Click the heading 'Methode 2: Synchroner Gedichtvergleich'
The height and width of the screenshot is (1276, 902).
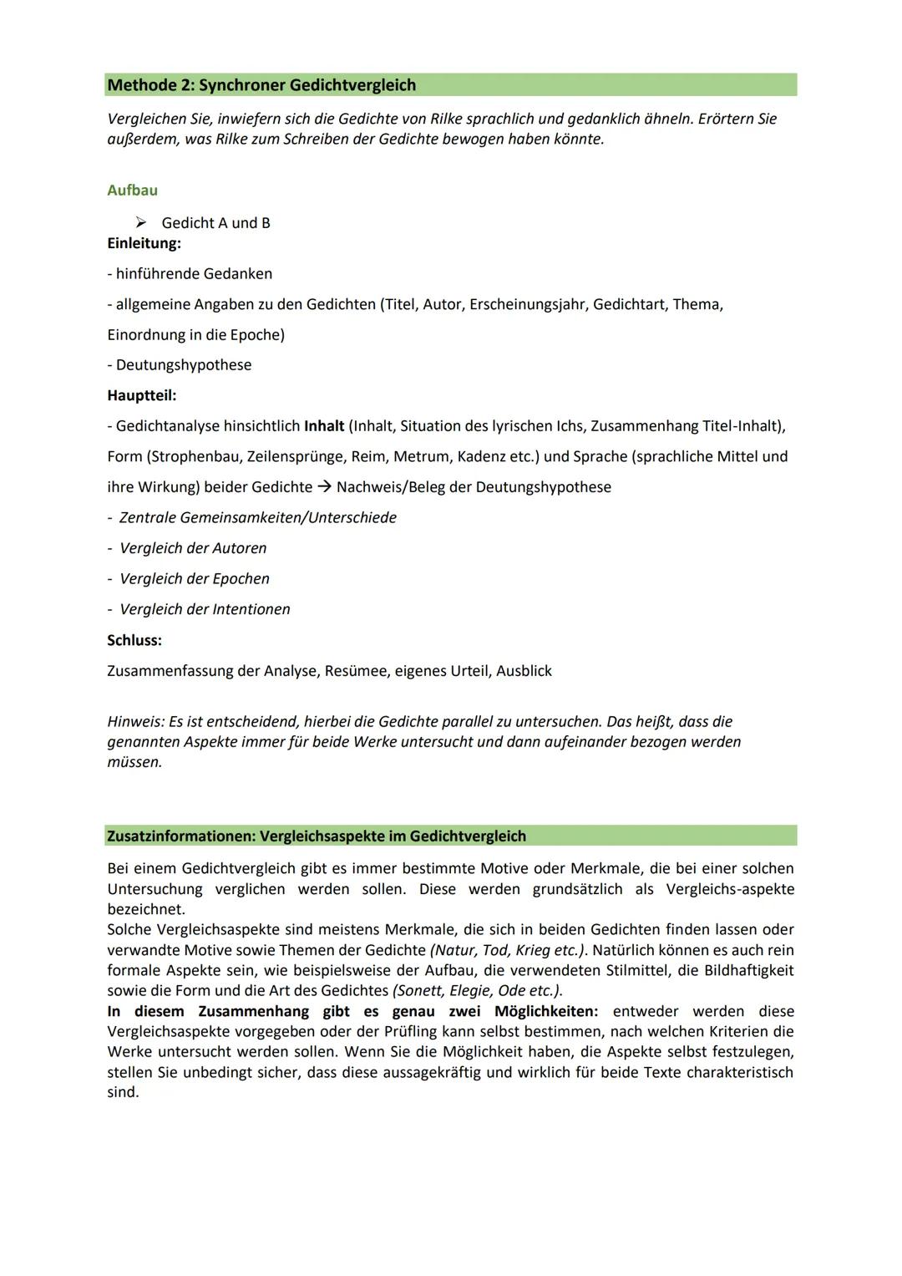261,85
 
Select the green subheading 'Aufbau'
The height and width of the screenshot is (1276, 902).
132,191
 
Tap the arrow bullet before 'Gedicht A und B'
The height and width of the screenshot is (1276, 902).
141,222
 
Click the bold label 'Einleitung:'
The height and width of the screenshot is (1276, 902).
144,243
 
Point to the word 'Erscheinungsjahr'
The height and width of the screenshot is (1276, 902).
528,304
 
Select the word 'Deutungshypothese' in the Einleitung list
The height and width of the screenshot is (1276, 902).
184,365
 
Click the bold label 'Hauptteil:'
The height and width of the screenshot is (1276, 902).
141,395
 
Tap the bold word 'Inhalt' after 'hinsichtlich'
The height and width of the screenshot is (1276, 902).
324,426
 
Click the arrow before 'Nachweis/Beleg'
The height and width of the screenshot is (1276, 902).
324,487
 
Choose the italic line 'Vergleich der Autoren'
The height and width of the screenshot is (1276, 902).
193,548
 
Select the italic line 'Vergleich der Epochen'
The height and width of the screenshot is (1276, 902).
195,579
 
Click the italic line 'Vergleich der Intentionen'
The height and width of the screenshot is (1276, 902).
205,610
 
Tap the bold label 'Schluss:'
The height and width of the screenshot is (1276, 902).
134,640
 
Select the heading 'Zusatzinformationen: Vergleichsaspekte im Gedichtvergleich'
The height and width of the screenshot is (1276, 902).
317,836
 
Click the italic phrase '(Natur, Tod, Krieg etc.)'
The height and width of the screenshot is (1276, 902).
508,950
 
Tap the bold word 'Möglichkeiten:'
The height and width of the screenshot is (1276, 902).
546,1011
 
